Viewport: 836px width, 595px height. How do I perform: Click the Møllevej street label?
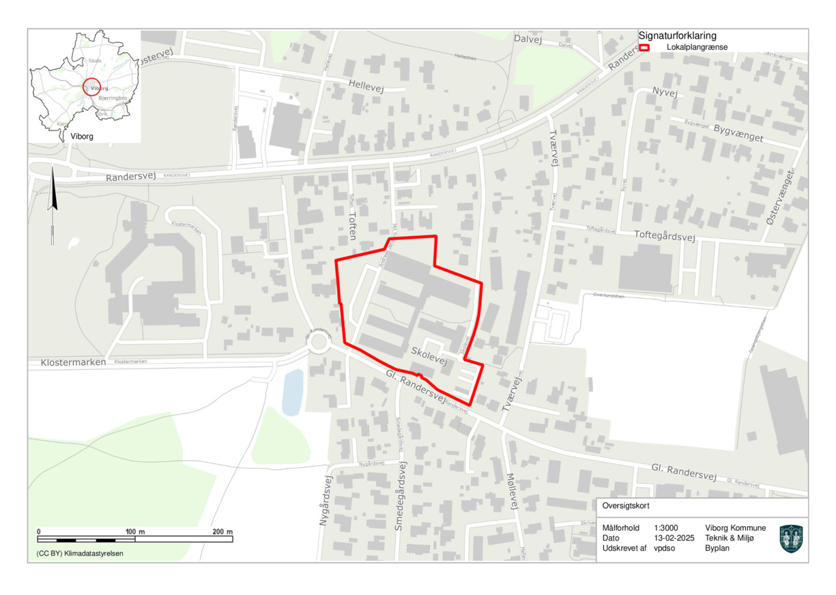coord(510,491)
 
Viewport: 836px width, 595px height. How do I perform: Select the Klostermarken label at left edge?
coord(73,362)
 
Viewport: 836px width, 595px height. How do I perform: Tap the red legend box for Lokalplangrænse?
coord(644,48)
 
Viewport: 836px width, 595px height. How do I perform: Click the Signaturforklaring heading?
coord(677,35)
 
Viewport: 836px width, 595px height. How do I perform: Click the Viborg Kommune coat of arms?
coord(790,538)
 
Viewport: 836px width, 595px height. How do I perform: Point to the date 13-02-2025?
coord(674,538)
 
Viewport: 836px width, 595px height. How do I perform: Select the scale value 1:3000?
coord(665,528)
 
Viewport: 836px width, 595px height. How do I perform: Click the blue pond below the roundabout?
coord(292,392)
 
